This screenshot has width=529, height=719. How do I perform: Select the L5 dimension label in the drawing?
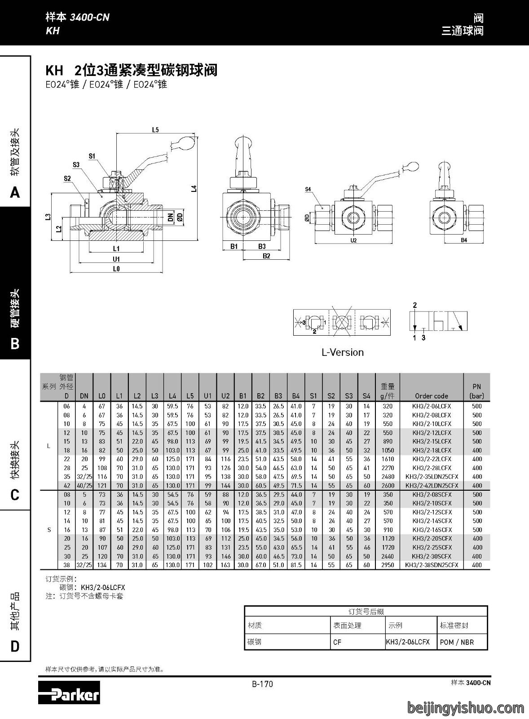155,130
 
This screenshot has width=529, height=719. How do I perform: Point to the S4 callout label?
308,189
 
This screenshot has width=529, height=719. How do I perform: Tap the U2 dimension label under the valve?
353,240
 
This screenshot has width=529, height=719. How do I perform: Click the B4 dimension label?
464,240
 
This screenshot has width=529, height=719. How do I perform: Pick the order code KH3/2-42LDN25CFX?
432,486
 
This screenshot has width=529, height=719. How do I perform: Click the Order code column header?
432,396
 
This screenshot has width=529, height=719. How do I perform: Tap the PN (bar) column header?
477,391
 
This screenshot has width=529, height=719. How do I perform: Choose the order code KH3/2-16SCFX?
432,530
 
